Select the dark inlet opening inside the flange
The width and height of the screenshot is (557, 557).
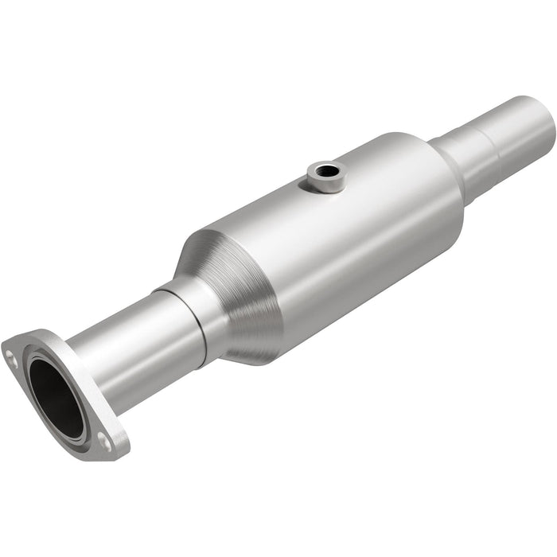point(56,395)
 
